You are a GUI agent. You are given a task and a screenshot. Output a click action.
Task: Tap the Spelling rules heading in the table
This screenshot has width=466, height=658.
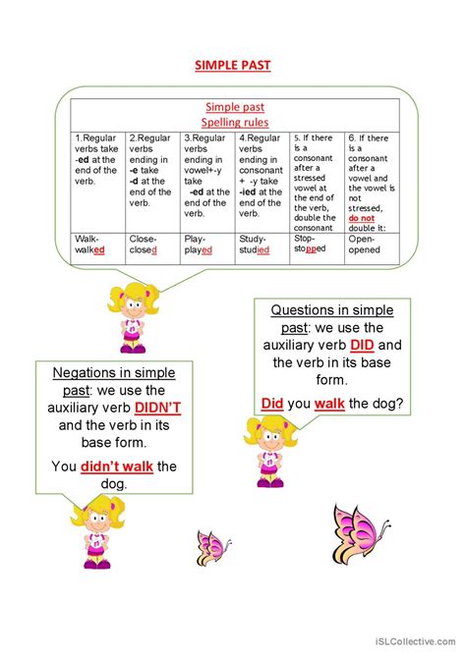(234, 122)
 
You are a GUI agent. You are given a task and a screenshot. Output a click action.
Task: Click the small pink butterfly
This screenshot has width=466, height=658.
(213, 544)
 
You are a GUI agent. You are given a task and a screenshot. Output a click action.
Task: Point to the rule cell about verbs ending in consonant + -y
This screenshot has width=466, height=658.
(262, 180)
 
